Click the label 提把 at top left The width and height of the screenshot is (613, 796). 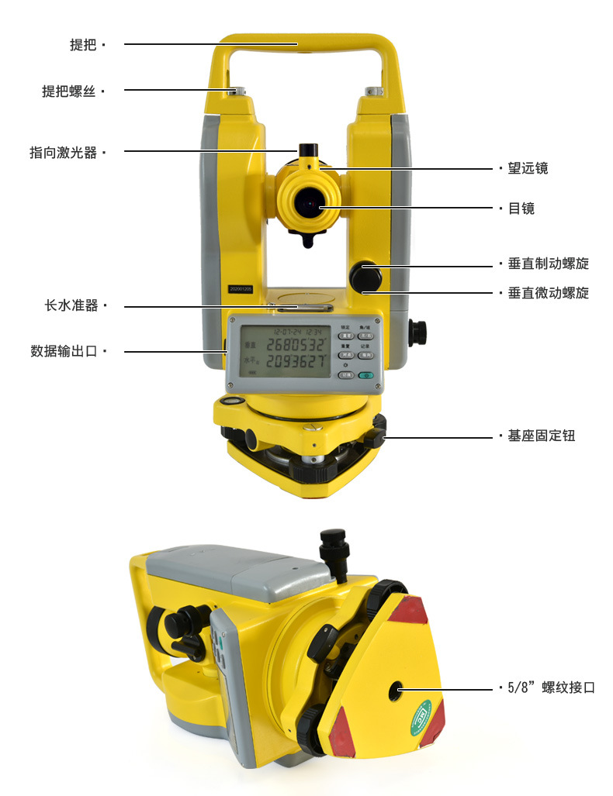click(x=83, y=45)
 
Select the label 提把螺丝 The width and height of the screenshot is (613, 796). click(x=69, y=91)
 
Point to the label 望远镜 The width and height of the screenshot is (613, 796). click(x=528, y=168)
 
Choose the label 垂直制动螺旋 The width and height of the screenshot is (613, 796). click(x=548, y=264)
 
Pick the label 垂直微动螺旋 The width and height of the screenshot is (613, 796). click(x=548, y=293)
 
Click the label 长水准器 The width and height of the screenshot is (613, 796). click(x=71, y=306)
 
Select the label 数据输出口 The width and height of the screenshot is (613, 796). click(x=64, y=351)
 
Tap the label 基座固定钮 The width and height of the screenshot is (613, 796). click(x=541, y=436)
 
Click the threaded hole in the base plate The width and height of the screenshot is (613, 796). click(x=397, y=687)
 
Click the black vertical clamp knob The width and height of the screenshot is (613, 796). click(x=364, y=274)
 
